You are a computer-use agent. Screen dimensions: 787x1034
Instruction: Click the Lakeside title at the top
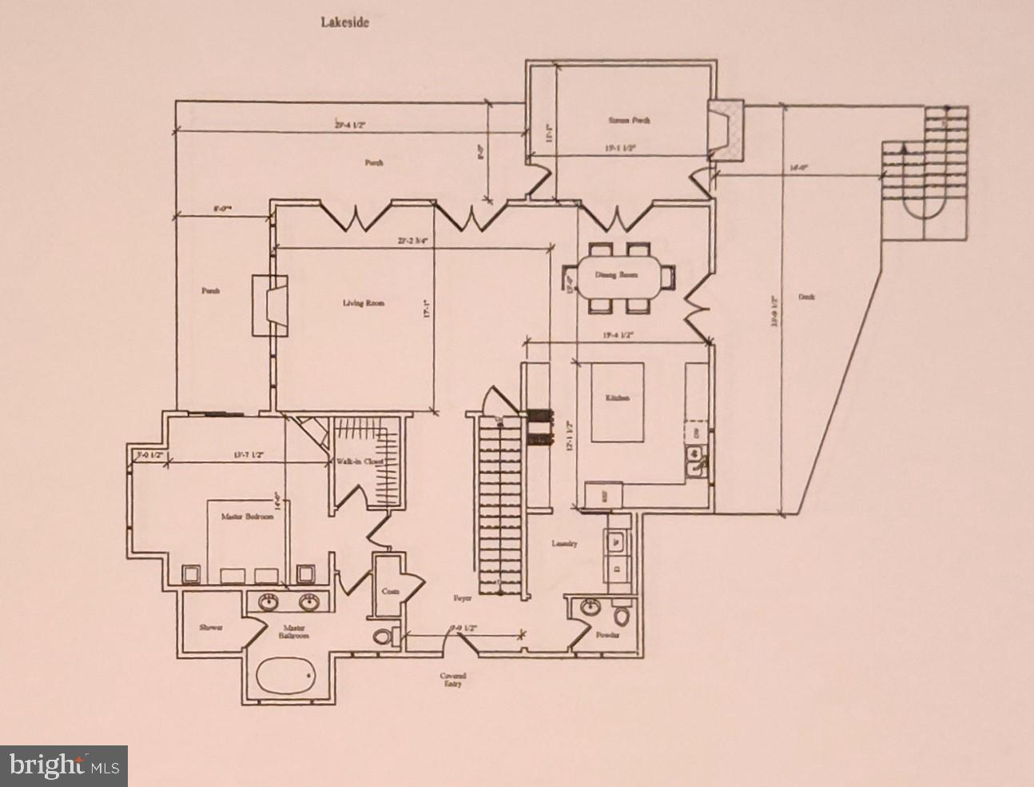tap(345, 22)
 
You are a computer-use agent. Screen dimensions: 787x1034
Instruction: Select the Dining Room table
tap(626, 276)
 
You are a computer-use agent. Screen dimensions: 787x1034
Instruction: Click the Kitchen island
tap(618, 401)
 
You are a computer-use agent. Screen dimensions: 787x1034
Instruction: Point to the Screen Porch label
tap(629, 120)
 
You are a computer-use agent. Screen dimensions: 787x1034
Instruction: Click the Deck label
tap(806, 297)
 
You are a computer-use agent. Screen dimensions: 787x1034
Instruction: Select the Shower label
tap(210, 628)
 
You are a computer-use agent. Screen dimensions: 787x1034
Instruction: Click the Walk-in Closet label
tap(360, 461)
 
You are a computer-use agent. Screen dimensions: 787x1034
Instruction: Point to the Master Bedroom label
tap(247, 517)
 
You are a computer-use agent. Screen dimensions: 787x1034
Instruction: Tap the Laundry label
tap(564, 544)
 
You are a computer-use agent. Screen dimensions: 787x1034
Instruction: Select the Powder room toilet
tap(621, 618)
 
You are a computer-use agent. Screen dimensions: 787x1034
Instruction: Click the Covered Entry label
tap(452, 680)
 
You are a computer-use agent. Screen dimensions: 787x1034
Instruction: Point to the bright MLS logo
tap(64, 765)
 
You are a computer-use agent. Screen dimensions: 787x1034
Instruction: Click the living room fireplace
tap(269, 305)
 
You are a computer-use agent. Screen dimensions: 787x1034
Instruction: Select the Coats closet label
tap(390, 591)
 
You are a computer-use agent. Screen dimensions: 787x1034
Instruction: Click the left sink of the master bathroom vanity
tap(268, 602)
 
